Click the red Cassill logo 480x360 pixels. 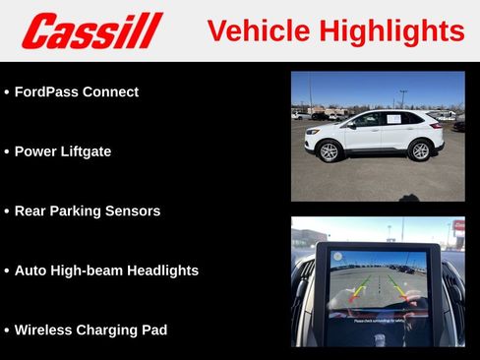click(x=91, y=30)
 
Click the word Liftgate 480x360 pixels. click(x=85, y=151)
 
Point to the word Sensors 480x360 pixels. click(x=134, y=210)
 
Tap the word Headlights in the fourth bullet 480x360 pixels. click(x=165, y=270)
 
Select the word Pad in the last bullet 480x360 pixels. click(x=153, y=330)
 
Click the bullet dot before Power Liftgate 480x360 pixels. click(x=7, y=152)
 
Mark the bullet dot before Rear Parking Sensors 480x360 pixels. click(x=7, y=211)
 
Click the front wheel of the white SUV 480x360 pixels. click(x=330, y=151)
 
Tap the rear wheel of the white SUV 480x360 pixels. click(x=420, y=150)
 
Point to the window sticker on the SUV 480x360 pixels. click(x=393, y=119)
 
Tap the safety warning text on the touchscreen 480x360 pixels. click(x=378, y=320)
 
